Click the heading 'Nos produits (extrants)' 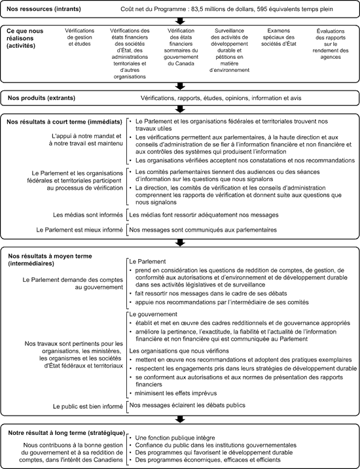[x=41, y=97]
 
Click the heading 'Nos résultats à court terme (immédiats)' [x=63, y=121]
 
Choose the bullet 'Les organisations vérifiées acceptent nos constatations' [x=238, y=160]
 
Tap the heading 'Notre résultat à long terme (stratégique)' [x=65, y=432]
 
